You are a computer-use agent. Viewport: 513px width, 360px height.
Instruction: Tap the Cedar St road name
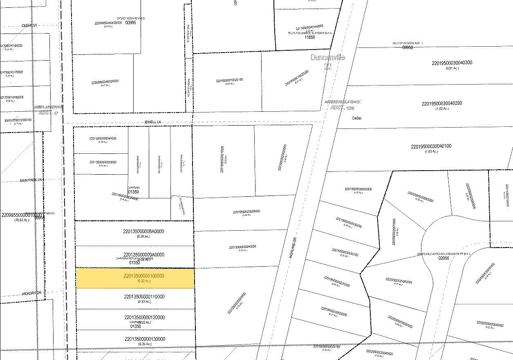pyautogui.click(x=29, y=25)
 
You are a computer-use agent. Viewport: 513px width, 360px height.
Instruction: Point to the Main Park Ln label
pyautogui.click(x=31, y=180)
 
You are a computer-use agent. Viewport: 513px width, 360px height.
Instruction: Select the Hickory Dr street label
pyautogui.click(x=32, y=293)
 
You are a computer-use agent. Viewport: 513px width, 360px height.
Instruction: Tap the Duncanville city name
pyautogui.click(x=327, y=57)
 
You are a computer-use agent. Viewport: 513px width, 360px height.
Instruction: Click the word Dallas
pyautogui.click(x=357, y=118)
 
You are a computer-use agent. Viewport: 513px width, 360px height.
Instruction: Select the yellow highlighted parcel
pyautogui.click(x=135, y=278)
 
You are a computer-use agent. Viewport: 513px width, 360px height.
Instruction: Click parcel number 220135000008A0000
pyautogui.click(x=143, y=231)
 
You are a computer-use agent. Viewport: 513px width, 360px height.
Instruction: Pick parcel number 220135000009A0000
pyautogui.click(x=143, y=254)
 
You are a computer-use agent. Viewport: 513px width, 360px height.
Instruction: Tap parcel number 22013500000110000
pyautogui.click(x=143, y=297)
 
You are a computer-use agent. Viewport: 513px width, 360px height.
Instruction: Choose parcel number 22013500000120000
pyautogui.click(x=143, y=317)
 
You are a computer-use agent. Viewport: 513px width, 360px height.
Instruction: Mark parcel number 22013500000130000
pyautogui.click(x=143, y=339)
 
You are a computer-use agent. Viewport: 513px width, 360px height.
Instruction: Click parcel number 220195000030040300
pyautogui.click(x=452, y=63)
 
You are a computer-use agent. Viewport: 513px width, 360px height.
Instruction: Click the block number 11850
pyautogui.click(x=310, y=37)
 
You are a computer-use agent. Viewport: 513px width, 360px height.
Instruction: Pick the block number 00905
pyautogui.click(x=130, y=22)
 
